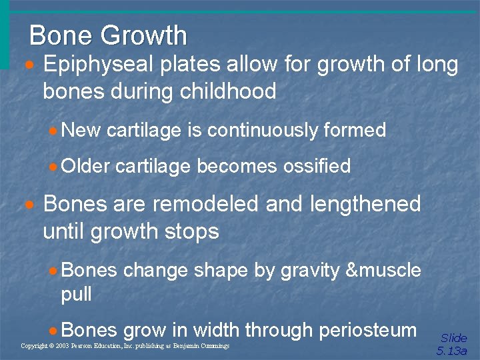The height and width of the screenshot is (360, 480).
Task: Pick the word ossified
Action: coord(317,166)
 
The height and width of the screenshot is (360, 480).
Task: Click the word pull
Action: coord(76,294)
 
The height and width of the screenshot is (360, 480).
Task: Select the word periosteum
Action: coord(368,330)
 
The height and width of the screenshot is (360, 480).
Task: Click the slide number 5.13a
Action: coord(452,351)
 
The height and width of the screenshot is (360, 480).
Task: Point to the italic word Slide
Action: coord(454,338)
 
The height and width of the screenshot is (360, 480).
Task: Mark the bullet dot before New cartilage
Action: coord(53,131)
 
